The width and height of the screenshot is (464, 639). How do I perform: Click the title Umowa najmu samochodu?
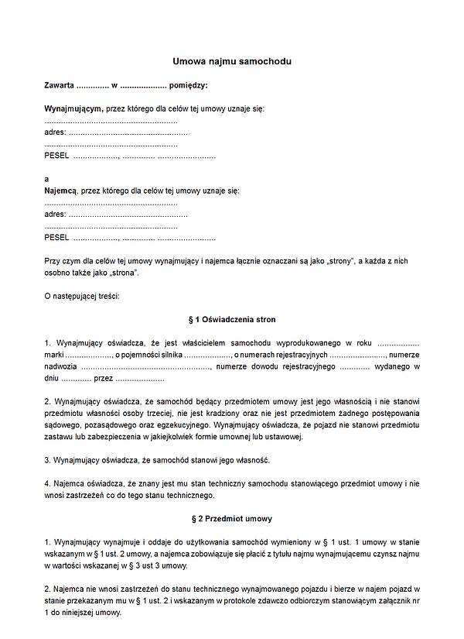click(231, 61)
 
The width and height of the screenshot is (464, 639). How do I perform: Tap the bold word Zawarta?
click(60, 85)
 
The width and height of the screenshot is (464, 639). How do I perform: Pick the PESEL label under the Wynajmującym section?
click(56, 156)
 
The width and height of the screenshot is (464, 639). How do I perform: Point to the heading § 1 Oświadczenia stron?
click(231, 319)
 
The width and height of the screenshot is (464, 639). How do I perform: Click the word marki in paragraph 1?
click(53, 354)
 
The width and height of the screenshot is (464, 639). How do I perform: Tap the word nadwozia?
click(60, 366)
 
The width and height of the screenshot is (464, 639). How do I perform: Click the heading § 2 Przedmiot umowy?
click(231, 518)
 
